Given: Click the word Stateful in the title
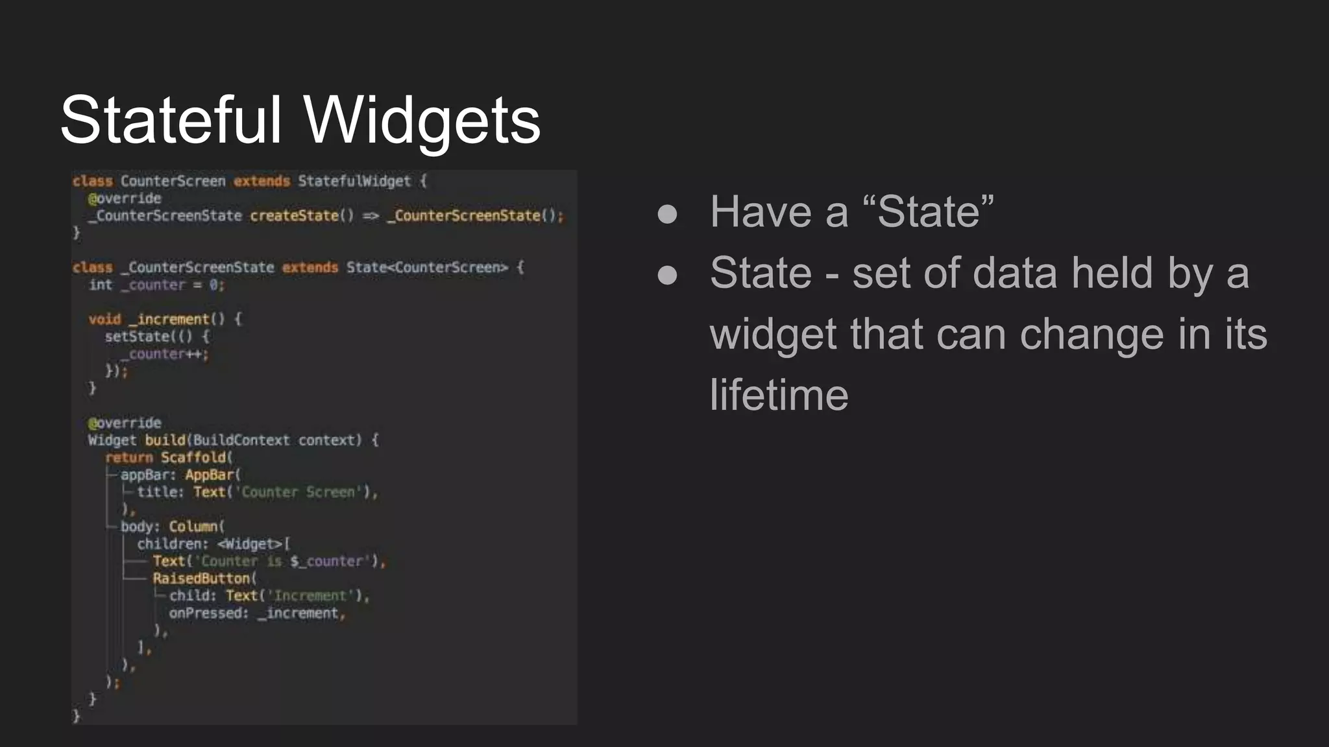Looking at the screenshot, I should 171,120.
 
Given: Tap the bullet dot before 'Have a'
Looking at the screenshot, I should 667,214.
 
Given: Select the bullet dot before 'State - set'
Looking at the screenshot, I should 667,275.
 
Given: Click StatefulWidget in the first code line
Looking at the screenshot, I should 354,181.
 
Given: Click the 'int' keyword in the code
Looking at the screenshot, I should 101,285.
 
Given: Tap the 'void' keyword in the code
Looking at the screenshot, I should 104,319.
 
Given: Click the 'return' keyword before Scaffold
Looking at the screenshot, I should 128,457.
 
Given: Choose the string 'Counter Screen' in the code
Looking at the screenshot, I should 299,492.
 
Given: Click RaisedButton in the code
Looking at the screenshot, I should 202,578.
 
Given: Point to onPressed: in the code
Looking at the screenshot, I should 208,613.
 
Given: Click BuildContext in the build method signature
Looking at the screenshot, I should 241,440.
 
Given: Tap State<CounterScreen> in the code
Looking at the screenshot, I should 427,267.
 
